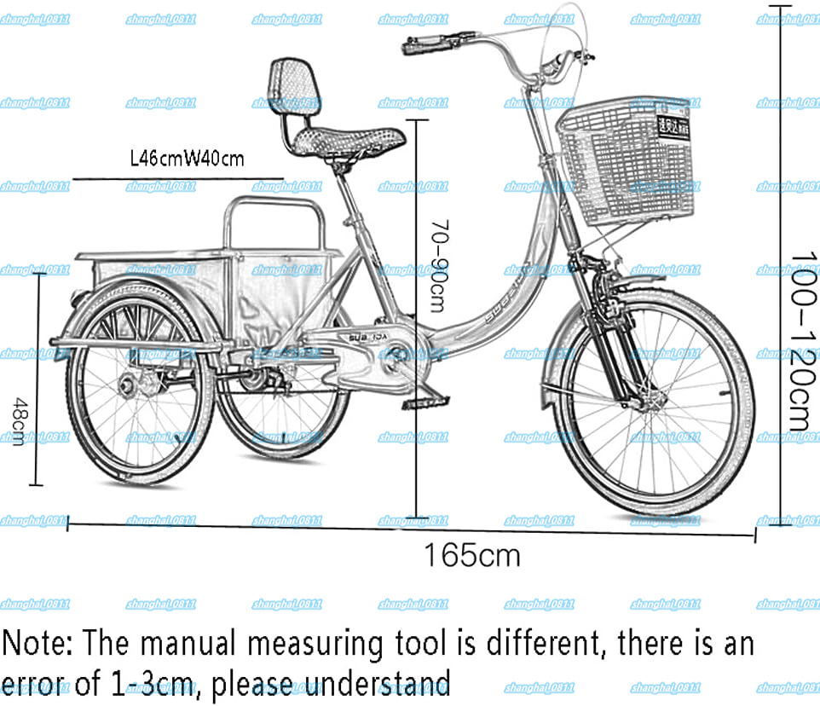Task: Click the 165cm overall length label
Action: coord(472,556)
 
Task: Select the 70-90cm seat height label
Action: coord(436,265)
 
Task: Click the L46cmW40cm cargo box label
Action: coord(187,159)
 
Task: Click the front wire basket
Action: coord(627,162)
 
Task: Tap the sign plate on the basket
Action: coord(673,124)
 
